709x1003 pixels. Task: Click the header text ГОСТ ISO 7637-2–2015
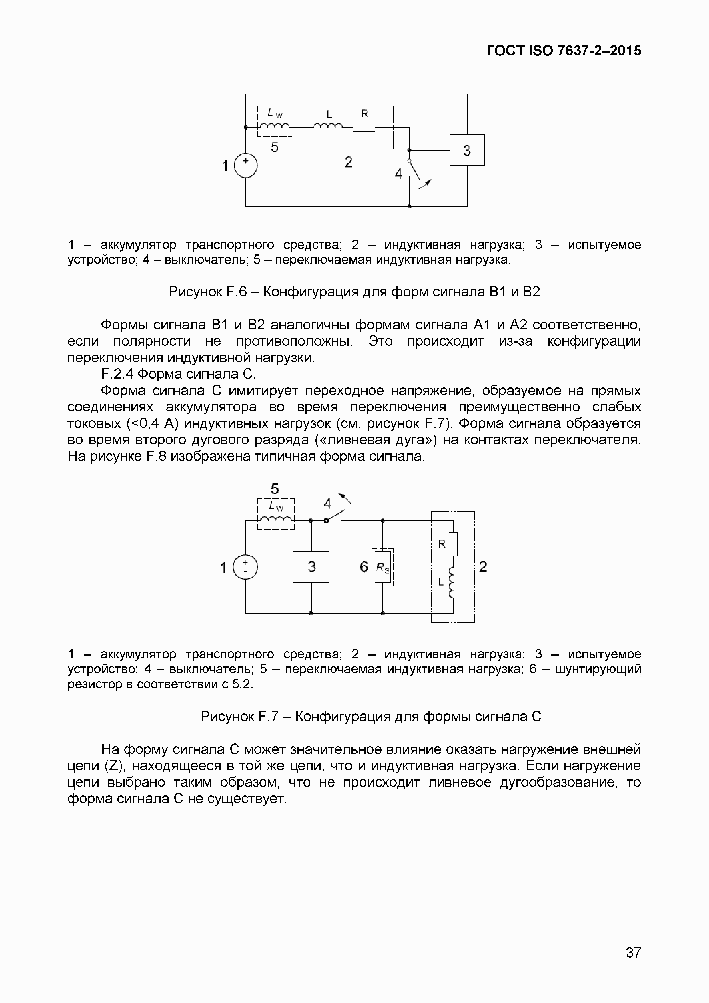[x=564, y=51]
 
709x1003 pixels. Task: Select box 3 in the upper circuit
[x=467, y=150]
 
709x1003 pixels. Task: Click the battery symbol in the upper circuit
[x=246, y=166]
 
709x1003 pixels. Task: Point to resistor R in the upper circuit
[x=364, y=127]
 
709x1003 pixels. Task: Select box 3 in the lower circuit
[x=311, y=567]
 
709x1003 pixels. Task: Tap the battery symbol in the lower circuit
[x=245, y=567]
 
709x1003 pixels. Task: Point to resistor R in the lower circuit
[x=453, y=544]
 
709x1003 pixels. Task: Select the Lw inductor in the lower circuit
[x=276, y=520]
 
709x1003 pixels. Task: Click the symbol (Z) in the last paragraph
[x=114, y=765]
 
